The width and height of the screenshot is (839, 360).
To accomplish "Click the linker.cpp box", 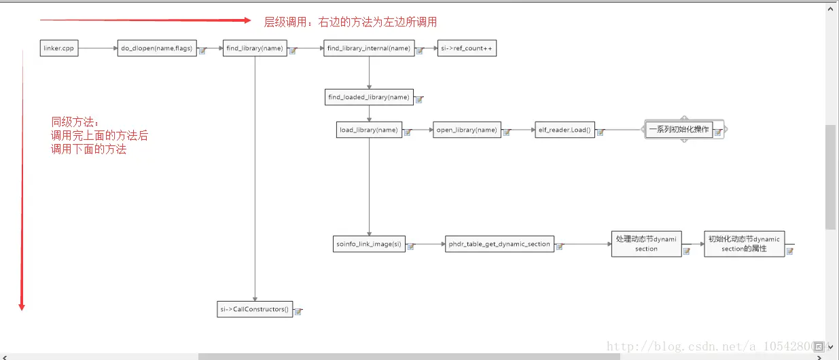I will (x=59, y=48).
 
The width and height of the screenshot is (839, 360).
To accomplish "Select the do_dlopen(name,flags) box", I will (x=157, y=48).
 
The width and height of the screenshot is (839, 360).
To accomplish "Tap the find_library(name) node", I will (x=255, y=48).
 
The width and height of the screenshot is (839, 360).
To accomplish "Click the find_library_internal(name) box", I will (x=369, y=48).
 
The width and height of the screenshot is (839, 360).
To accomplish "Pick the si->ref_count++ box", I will (x=467, y=48).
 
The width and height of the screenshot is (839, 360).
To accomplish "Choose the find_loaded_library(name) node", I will (x=369, y=97).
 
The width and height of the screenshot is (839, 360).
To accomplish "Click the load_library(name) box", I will (x=369, y=130).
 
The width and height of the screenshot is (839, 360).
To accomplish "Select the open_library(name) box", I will (x=467, y=130).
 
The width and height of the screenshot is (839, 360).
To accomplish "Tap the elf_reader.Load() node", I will (x=565, y=130).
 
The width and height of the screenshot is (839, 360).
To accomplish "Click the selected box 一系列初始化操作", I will (x=679, y=129).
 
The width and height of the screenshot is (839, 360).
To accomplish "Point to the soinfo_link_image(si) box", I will (x=369, y=244).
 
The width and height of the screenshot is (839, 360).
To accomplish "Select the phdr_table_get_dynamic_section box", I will (x=499, y=244).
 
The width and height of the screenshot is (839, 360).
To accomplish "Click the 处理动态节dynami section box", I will (x=646, y=244).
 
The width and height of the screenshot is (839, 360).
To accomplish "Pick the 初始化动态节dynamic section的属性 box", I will (x=744, y=244).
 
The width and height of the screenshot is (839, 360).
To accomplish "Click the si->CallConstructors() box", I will (x=255, y=309).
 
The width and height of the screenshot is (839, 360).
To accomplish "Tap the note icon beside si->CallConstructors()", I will (x=298, y=311).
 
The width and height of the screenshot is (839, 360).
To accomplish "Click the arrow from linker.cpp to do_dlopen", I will (x=98, y=48).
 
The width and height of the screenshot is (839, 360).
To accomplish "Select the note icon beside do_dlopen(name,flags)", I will (x=202, y=50).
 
